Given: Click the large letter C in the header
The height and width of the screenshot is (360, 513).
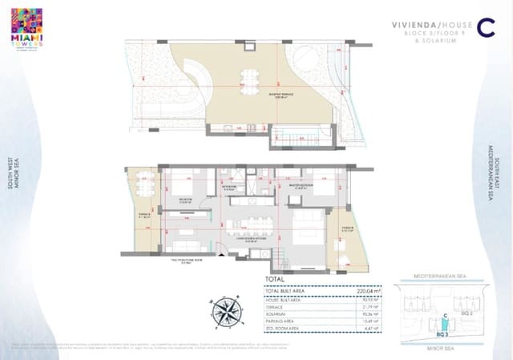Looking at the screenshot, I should pyautogui.click(x=484, y=27).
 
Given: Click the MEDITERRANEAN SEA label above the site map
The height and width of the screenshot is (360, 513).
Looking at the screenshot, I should pyautogui.click(x=442, y=275).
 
